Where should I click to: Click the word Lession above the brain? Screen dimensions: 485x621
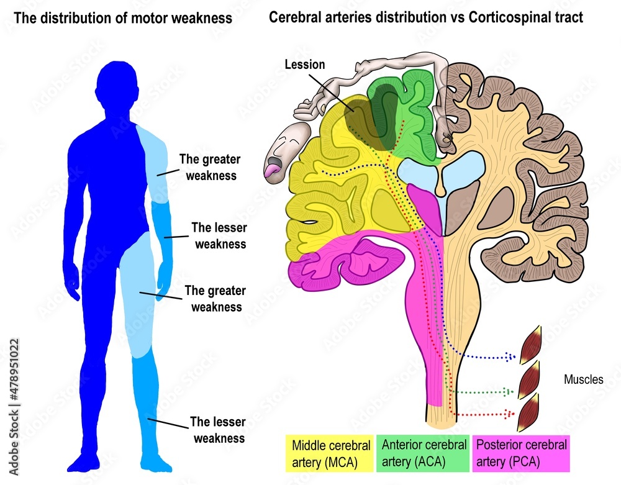304,64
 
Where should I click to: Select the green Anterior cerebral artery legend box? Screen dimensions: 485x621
424,453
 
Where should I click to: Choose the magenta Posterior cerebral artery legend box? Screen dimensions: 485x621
520,453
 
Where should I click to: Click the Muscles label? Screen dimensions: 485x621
583,379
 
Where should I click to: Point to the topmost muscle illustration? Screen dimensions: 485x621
532,345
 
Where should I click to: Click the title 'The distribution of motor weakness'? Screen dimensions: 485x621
123,18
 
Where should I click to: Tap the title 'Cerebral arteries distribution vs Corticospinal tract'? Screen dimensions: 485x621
425,17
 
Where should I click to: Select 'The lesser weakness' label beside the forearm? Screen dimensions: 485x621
219,235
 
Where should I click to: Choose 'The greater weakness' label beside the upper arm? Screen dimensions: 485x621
209,167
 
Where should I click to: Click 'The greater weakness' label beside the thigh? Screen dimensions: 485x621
215,298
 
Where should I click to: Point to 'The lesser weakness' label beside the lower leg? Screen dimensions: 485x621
217,430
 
